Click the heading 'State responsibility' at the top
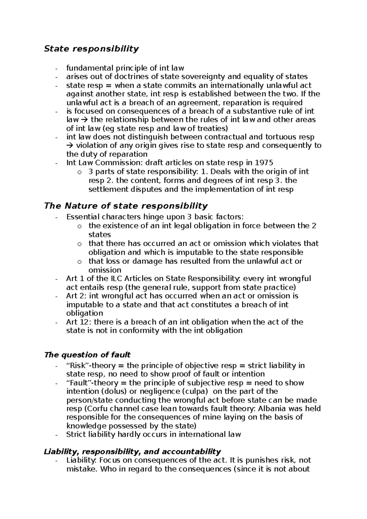click(x=91, y=49)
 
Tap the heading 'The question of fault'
click(x=87, y=355)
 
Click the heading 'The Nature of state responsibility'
click(x=126, y=206)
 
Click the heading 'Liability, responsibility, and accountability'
click(x=132, y=451)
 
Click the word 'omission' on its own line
click(x=105, y=270)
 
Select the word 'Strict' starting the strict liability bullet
click(x=76, y=434)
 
